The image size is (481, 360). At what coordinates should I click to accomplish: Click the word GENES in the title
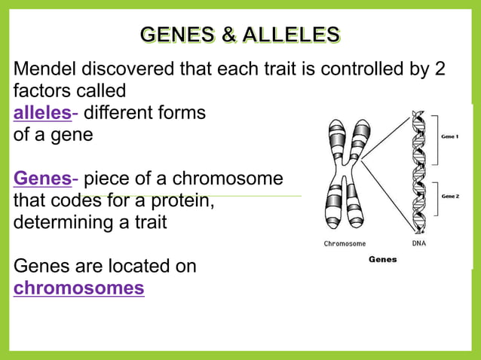[x=174, y=35]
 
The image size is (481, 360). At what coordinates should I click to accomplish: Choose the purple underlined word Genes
[x=42, y=179]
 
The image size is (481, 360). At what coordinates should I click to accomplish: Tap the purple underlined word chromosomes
[x=79, y=288]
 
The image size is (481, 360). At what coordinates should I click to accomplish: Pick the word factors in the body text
[x=42, y=92]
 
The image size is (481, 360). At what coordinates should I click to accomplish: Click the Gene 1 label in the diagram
[x=451, y=136]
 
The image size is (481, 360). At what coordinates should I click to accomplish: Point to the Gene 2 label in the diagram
[x=451, y=197]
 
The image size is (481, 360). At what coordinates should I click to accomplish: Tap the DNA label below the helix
[x=419, y=243]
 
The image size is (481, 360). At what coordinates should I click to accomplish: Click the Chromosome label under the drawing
[x=345, y=243]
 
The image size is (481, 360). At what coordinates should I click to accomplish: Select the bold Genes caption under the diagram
[x=382, y=259]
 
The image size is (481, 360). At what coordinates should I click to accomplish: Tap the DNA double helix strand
[x=418, y=173]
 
